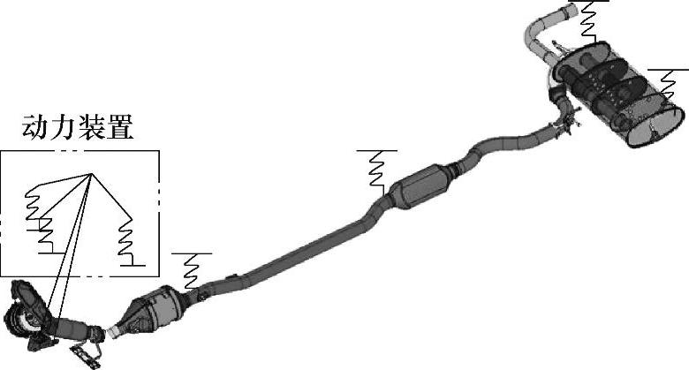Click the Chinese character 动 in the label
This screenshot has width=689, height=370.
point(35,127)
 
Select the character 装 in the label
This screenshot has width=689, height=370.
point(91,127)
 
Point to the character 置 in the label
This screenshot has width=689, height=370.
point(119,127)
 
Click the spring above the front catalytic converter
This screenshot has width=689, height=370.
point(192,271)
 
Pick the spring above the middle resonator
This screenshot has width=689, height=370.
point(377,170)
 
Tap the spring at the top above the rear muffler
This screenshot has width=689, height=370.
point(590,22)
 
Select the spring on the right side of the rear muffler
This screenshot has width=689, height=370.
point(668,85)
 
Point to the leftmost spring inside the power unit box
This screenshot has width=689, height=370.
point(32,203)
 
